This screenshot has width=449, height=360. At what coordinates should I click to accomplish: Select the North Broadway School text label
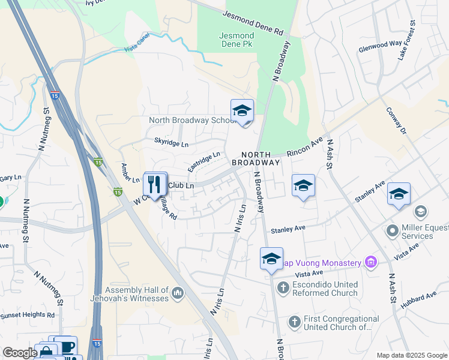click(192, 120)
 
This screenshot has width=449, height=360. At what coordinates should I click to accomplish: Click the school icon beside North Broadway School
click(242, 111)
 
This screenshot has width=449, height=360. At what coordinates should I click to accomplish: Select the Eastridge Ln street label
click(203, 163)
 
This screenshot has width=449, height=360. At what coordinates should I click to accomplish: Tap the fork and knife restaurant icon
click(155, 184)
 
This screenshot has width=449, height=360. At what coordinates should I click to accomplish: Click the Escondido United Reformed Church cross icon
click(283, 288)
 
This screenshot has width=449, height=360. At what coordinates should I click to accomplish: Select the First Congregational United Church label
click(341, 323)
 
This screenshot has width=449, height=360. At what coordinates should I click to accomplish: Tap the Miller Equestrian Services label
click(418, 232)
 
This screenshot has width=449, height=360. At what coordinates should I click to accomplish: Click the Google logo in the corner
click(19, 353)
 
